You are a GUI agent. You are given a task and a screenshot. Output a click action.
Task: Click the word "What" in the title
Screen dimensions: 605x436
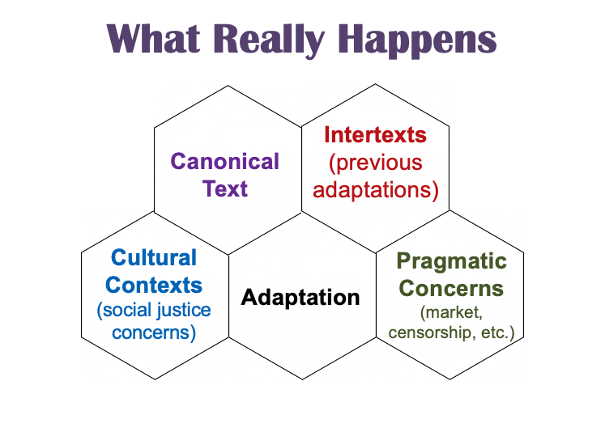point(153,39)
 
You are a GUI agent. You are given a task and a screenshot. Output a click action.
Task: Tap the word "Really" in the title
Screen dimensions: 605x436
point(269,40)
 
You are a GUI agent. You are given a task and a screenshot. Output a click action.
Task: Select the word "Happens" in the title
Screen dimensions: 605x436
point(417,40)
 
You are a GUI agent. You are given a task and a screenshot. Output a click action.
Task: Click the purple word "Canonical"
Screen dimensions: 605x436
point(224,161)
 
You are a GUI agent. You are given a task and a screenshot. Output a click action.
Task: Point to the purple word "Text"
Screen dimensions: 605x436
point(225,188)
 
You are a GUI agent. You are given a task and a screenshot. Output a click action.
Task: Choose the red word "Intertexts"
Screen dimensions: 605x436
point(375,134)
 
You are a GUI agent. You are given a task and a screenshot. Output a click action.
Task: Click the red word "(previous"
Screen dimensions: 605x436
point(376,163)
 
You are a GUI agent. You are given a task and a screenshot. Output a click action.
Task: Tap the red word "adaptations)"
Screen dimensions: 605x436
point(376,190)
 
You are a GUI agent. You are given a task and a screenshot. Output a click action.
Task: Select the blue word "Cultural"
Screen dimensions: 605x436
point(154,257)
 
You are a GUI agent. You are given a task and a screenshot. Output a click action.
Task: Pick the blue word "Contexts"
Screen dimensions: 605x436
point(154,285)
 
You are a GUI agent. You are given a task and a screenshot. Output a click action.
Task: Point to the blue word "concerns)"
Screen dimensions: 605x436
point(154,332)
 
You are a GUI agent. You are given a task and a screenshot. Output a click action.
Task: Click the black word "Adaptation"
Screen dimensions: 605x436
point(300,298)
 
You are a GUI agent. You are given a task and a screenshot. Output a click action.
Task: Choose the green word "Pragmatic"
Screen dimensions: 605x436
point(451,262)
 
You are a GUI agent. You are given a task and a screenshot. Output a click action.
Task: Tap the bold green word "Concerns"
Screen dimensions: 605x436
point(451,288)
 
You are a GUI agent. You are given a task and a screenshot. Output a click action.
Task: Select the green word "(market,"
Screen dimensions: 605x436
point(451,312)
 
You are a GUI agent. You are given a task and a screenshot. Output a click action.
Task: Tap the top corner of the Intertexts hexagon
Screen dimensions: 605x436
point(375,84)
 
